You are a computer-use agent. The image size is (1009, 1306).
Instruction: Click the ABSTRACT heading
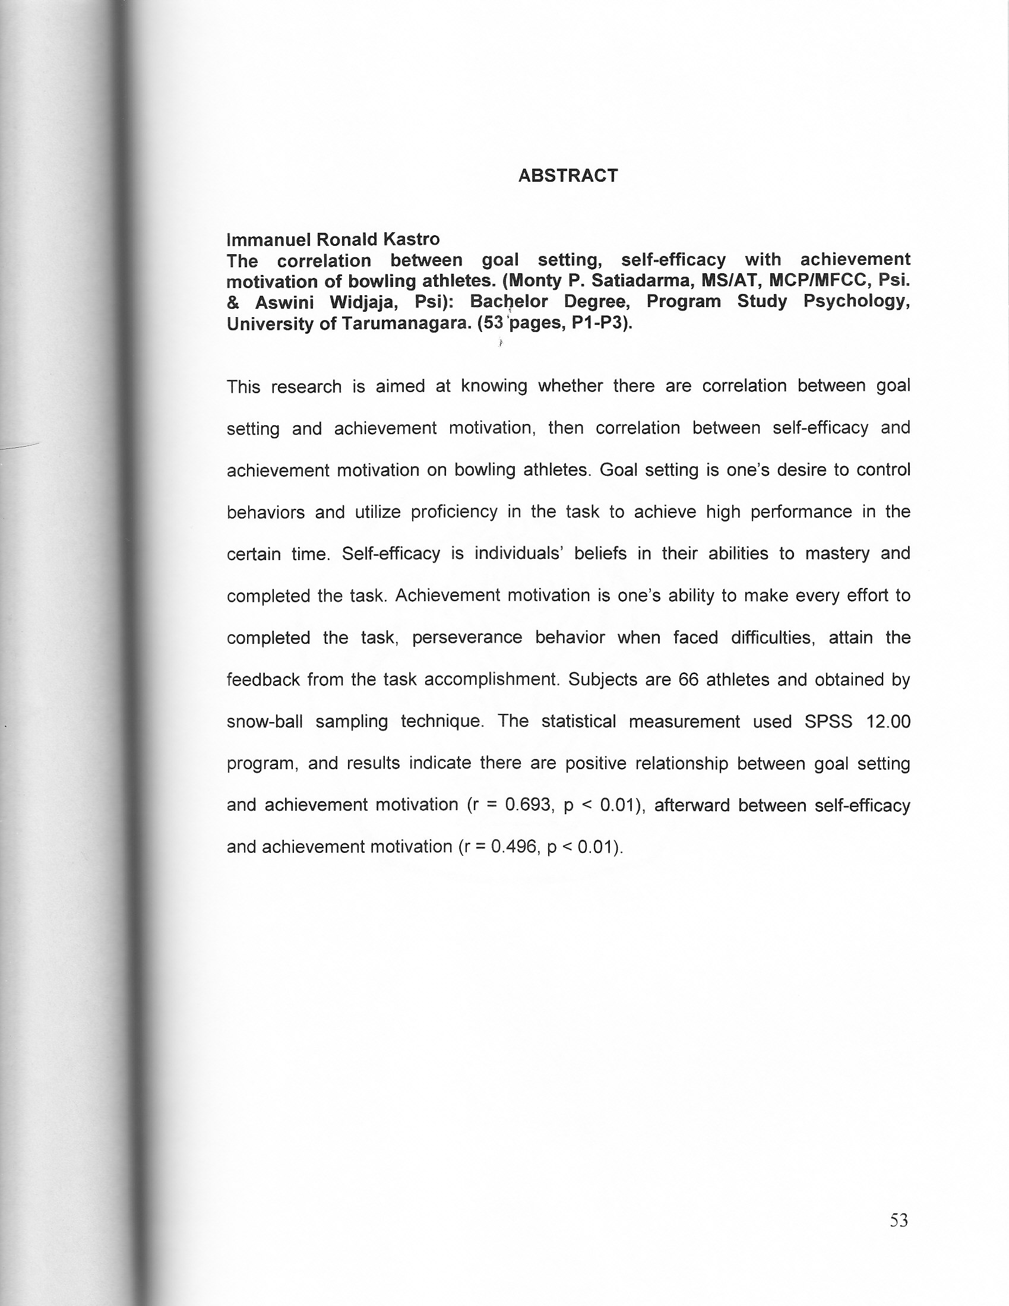click(568, 176)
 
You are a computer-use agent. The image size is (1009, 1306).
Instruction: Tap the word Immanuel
click(268, 239)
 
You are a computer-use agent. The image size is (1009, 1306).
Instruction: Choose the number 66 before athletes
click(688, 679)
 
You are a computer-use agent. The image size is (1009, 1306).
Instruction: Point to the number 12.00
click(888, 721)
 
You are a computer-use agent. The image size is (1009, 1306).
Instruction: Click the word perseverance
click(467, 637)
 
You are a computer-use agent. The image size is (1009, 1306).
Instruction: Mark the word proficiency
click(454, 512)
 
